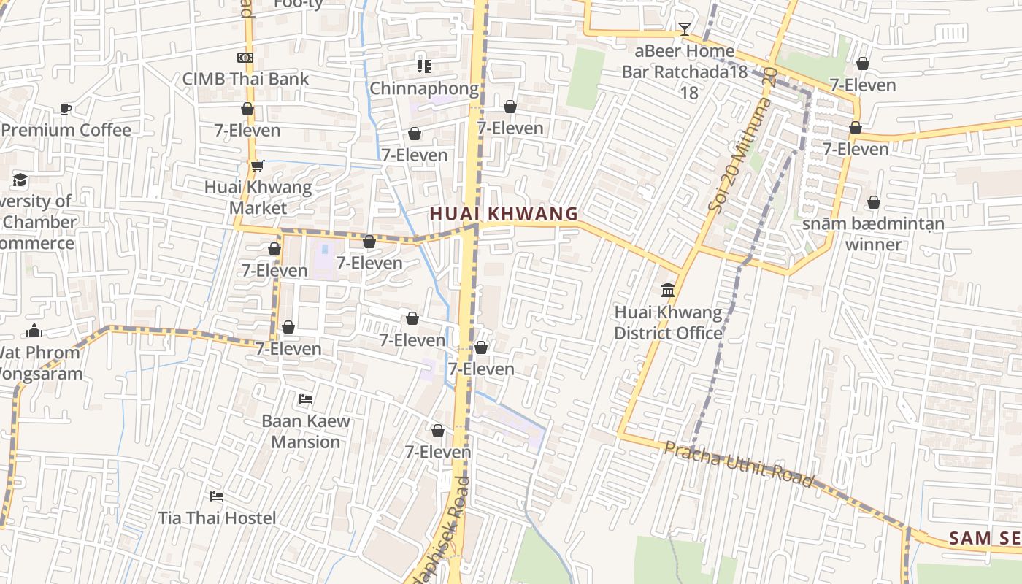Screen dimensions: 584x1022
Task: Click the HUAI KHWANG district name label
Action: click(504, 214)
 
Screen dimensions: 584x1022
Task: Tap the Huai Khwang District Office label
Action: click(668, 323)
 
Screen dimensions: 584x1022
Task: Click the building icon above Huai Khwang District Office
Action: click(668, 291)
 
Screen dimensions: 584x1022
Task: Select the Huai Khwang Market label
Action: click(258, 197)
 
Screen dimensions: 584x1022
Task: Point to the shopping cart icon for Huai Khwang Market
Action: click(257, 166)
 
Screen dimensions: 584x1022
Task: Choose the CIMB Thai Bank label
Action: click(245, 79)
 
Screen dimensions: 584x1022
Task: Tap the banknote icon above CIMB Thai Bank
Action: click(245, 58)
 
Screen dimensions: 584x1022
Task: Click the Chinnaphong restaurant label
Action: click(424, 88)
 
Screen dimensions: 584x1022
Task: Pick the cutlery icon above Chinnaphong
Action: click(423, 66)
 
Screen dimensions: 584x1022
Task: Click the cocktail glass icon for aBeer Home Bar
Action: click(684, 29)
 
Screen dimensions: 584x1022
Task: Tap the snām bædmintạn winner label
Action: click(873, 234)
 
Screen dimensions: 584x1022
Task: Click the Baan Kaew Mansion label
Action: click(306, 431)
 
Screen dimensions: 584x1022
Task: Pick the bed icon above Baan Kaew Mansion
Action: click(306, 399)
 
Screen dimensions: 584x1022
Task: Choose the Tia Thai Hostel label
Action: click(218, 518)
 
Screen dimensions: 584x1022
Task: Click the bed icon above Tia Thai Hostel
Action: click(217, 496)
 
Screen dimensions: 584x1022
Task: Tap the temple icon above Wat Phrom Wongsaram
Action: click(34, 331)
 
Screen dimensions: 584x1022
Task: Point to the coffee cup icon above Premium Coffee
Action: click(66, 109)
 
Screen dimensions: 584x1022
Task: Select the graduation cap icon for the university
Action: click(20, 180)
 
